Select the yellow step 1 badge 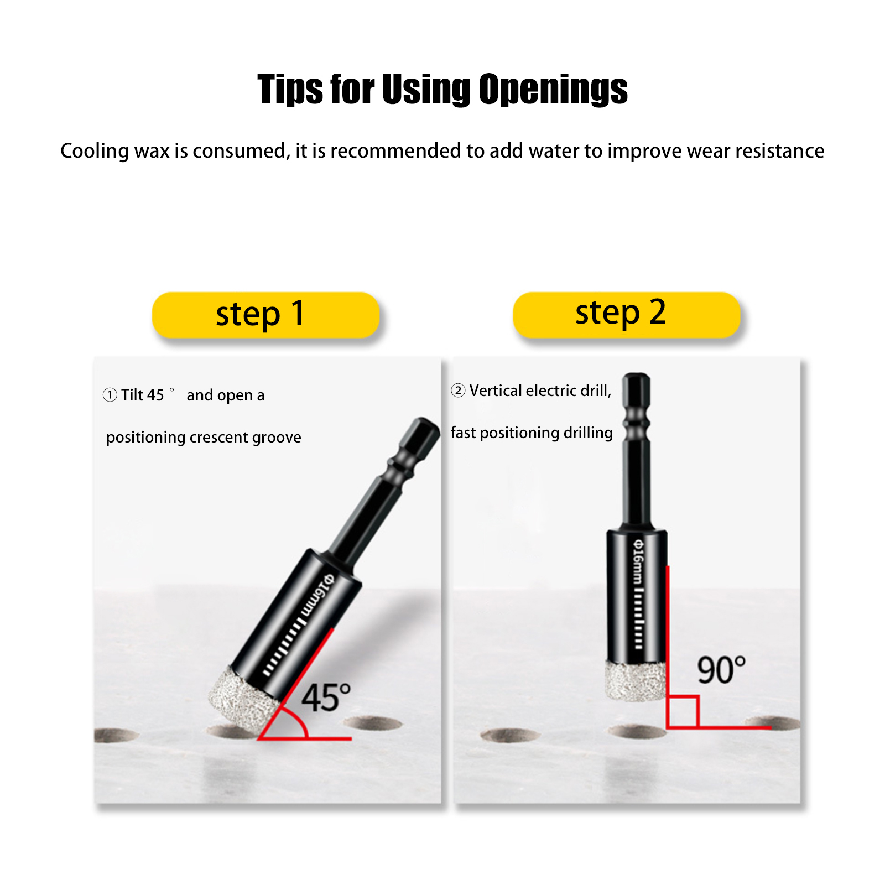click(265, 315)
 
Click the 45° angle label click(326, 697)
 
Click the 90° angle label click(721, 670)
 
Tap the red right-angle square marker click(683, 711)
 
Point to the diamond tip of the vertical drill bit click(636, 681)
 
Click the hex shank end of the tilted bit click(423, 431)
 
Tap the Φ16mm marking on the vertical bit click(638, 561)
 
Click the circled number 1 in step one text click(110, 395)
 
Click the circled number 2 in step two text click(458, 391)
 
